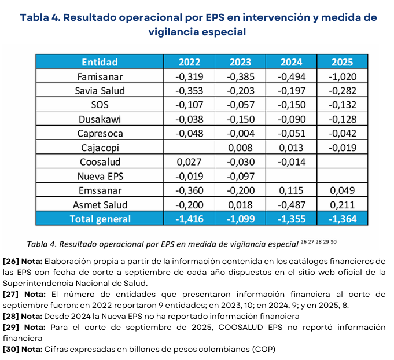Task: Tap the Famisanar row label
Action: coord(100,76)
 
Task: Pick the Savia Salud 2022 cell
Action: coord(189,91)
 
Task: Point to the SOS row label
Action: coord(100,105)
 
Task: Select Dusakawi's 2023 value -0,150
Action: coord(240,119)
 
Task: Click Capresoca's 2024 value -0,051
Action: coord(292,133)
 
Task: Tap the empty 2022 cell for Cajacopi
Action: coord(189,148)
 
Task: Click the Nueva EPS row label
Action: coord(100,176)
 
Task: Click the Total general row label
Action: coord(100,219)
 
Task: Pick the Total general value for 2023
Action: coord(240,219)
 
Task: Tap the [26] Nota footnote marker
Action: coord(23,261)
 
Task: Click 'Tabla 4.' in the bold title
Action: coord(40,17)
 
